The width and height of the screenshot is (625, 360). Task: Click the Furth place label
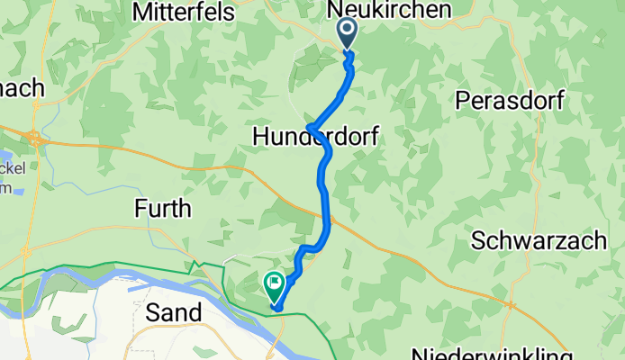pos(163,209)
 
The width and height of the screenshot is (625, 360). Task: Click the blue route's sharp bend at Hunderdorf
pos(309,126)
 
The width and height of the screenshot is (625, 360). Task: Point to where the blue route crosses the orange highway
pos(325,214)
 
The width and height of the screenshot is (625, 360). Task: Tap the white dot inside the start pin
pos(348,30)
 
